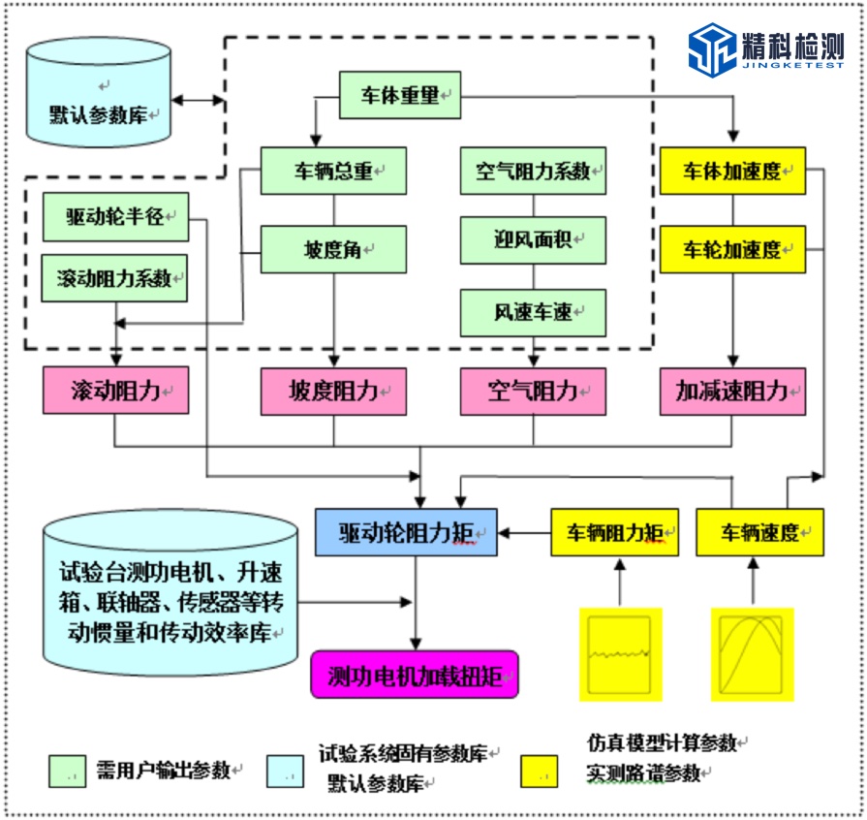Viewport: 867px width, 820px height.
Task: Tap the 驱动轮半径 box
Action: (x=115, y=217)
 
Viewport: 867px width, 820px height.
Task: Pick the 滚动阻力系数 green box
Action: (x=115, y=278)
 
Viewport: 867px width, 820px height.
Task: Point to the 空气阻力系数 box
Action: (x=534, y=172)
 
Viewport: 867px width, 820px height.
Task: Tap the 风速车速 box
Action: (x=534, y=312)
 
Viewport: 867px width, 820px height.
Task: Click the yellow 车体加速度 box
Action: (x=733, y=172)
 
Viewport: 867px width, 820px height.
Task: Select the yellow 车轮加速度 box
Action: (x=733, y=249)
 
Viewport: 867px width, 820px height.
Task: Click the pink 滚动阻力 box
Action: (x=115, y=391)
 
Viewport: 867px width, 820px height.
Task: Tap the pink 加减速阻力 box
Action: (x=733, y=391)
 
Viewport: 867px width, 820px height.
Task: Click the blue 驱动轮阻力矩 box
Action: (x=406, y=532)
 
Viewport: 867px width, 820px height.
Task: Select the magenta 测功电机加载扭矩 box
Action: (x=415, y=675)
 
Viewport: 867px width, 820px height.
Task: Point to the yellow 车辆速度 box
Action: (x=759, y=532)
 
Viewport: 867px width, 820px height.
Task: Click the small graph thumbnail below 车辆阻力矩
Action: (x=620, y=653)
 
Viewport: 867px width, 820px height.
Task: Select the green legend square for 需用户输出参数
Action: (x=69, y=772)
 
